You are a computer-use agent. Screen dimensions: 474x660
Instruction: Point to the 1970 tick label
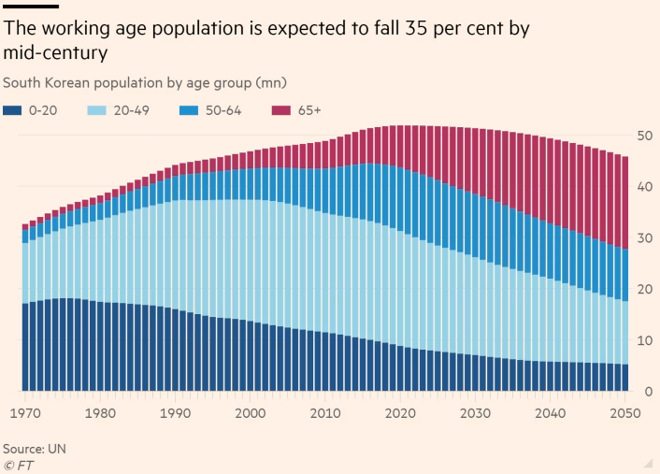(x=25, y=413)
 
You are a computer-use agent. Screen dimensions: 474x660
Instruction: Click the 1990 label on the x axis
(x=175, y=413)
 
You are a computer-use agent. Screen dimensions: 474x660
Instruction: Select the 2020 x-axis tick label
(x=400, y=413)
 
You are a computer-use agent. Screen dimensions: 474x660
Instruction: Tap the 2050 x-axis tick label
(x=624, y=413)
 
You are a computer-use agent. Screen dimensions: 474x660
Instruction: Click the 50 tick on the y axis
(x=645, y=136)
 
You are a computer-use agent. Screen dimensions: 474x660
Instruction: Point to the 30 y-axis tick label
(x=645, y=237)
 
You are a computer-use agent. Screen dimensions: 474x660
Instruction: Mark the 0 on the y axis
(x=648, y=391)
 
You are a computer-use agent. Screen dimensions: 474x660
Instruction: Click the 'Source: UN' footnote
(x=35, y=449)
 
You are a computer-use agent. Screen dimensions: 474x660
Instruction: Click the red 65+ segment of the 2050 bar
(x=624, y=202)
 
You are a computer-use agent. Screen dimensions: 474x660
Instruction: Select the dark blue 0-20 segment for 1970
(x=25, y=346)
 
